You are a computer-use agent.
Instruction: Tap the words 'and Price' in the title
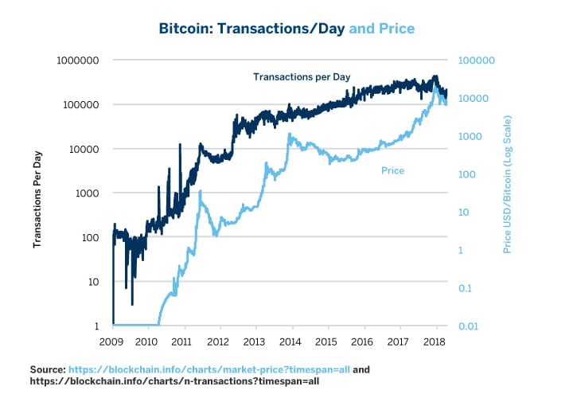(x=382, y=29)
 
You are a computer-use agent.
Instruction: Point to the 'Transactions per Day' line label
(x=302, y=77)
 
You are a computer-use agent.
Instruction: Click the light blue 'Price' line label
(x=392, y=170)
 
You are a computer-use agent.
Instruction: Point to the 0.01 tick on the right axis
(x=468, y=326)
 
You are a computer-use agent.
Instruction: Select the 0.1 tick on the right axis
(x=466, y=288)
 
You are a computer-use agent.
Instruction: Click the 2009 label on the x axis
(x=113, y=341)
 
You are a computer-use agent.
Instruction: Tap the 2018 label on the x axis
(x=435, y=341)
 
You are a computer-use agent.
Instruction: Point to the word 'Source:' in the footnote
(x=47, y=370)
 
